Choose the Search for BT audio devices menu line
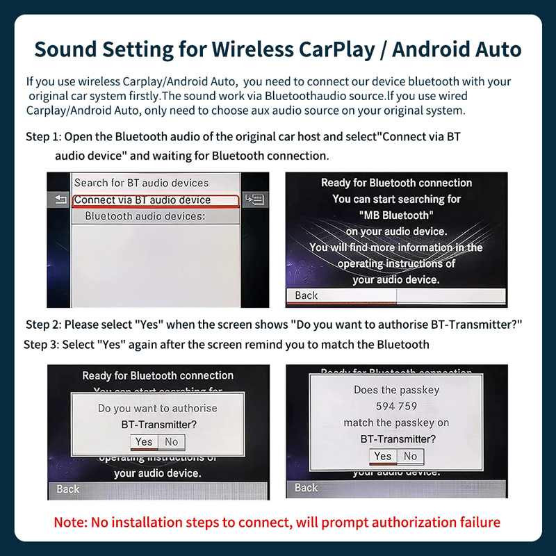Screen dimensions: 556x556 point(141,183)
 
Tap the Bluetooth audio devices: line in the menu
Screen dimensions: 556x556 point(145,216)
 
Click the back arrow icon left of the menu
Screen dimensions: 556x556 point(58,200)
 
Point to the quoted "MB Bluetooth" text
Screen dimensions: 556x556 point(396,215)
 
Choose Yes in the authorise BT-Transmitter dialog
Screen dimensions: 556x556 point(144,441)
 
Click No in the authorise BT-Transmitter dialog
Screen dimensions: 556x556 point(171,441)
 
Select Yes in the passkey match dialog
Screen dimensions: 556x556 point(383,456)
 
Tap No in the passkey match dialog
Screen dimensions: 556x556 point(410,456)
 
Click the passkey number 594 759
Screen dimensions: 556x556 point(396,406)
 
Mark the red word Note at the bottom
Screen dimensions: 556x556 point(71,521)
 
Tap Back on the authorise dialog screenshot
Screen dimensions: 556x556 point(68,489)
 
